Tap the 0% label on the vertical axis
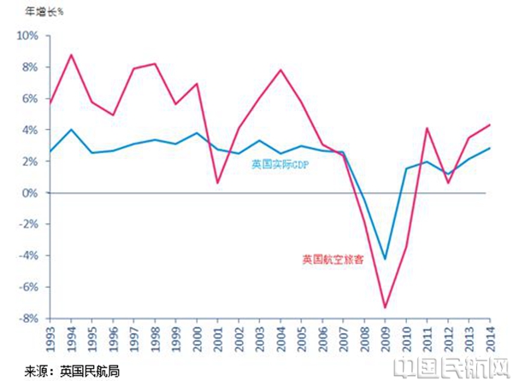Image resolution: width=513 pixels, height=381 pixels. [x=30, y=193]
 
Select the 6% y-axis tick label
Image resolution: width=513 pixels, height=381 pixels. [x=29, y=99]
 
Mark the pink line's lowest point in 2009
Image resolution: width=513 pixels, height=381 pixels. [x=385, y=308]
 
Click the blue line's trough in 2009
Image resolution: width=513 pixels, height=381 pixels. [x=385, y=259]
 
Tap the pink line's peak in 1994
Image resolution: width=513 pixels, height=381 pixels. [x=72, y=55]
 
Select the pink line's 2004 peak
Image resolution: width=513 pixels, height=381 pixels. [x=280, y=70]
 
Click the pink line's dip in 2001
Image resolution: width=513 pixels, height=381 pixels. [x=218, y=183]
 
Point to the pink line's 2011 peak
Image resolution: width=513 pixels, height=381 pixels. [x=426, y=128]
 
